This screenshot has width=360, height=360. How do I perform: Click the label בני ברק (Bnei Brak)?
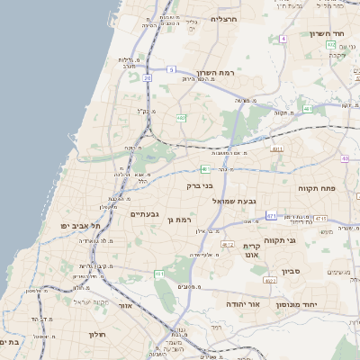tap(199, 185)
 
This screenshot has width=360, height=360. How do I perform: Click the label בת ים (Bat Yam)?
tap(10, 342)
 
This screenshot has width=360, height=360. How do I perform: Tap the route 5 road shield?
tap(170, 68)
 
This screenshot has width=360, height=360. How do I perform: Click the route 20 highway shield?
tap(147, 78)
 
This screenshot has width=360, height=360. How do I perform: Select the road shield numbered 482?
tap(181, 117)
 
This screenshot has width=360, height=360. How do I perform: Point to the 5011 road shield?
tap(276, 149)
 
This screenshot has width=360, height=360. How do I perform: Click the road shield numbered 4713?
tap(320, 219)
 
